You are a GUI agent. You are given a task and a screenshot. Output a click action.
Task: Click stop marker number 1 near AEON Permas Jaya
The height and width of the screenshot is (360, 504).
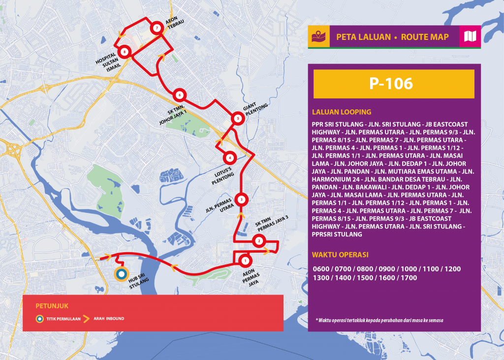tap(245, 260)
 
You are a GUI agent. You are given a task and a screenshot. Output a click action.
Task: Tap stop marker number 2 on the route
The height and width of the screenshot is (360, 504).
tap(259, 241)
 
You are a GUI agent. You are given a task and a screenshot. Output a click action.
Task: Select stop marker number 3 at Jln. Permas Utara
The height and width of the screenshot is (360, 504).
tap(241, 199)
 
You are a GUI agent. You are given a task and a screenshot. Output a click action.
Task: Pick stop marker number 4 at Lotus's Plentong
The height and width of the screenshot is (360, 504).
tap(229, 158)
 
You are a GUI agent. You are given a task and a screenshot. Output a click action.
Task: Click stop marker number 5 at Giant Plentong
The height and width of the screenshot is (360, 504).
tap(238, 118)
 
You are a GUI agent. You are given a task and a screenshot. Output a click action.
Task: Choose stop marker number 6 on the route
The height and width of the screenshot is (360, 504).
tap(180, 95)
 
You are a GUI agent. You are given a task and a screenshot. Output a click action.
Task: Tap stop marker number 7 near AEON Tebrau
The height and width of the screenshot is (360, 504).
tap(157, 28)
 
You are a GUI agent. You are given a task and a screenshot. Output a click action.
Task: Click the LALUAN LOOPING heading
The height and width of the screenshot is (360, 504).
tap(341, 112)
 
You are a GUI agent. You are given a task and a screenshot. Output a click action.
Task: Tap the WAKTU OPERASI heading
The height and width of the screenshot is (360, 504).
tap(340, 255)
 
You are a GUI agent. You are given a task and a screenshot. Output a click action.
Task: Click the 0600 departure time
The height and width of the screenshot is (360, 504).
tap(320, 269)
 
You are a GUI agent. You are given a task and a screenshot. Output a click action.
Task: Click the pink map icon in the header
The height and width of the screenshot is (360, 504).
tap(470, 36)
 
